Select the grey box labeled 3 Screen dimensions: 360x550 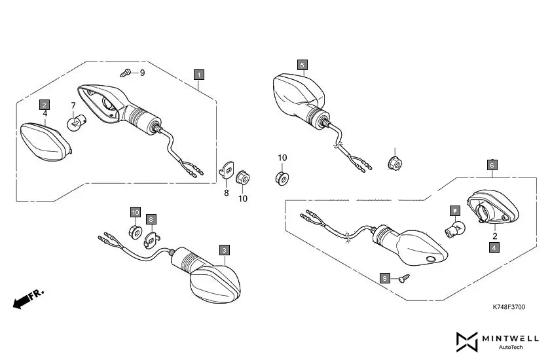pos(225,250)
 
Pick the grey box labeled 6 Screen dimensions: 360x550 pos(492,165)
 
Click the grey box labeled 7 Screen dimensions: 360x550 pos(454,211)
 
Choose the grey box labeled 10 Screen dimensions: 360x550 pos(135,212)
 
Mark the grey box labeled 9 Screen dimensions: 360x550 pos(384,278)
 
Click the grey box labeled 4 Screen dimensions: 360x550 pos(494,247)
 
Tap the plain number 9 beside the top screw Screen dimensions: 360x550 pos(142,73)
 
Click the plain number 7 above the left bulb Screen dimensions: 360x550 pos(73,105)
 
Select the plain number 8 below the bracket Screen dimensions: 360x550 pos(226,193)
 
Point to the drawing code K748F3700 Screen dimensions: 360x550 pos(509,306)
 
